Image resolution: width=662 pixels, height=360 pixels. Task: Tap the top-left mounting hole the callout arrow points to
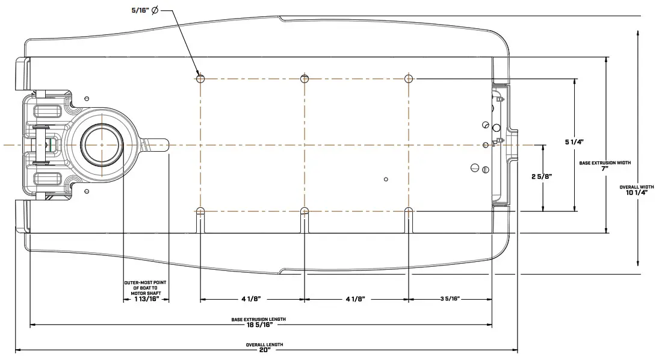click(x=200, y=78)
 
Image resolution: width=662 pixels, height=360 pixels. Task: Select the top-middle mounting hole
click(x=305, y=78)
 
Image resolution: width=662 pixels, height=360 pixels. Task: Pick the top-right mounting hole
click(x=409, y=78)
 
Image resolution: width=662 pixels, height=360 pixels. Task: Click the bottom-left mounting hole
click(x=200, y=211)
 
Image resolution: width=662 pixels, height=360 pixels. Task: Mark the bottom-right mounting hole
click(x=409, y=211)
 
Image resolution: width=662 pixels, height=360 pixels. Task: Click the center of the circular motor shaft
click(x=103, y=145)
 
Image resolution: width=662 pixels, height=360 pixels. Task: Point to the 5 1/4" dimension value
click(x=574, y=141)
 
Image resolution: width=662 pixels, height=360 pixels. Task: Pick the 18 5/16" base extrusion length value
click(x=259, y=325)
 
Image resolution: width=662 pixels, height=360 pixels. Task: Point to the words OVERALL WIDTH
click(x=637, y=187)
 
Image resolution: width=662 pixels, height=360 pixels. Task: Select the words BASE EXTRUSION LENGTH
click(x=259, y=319)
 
